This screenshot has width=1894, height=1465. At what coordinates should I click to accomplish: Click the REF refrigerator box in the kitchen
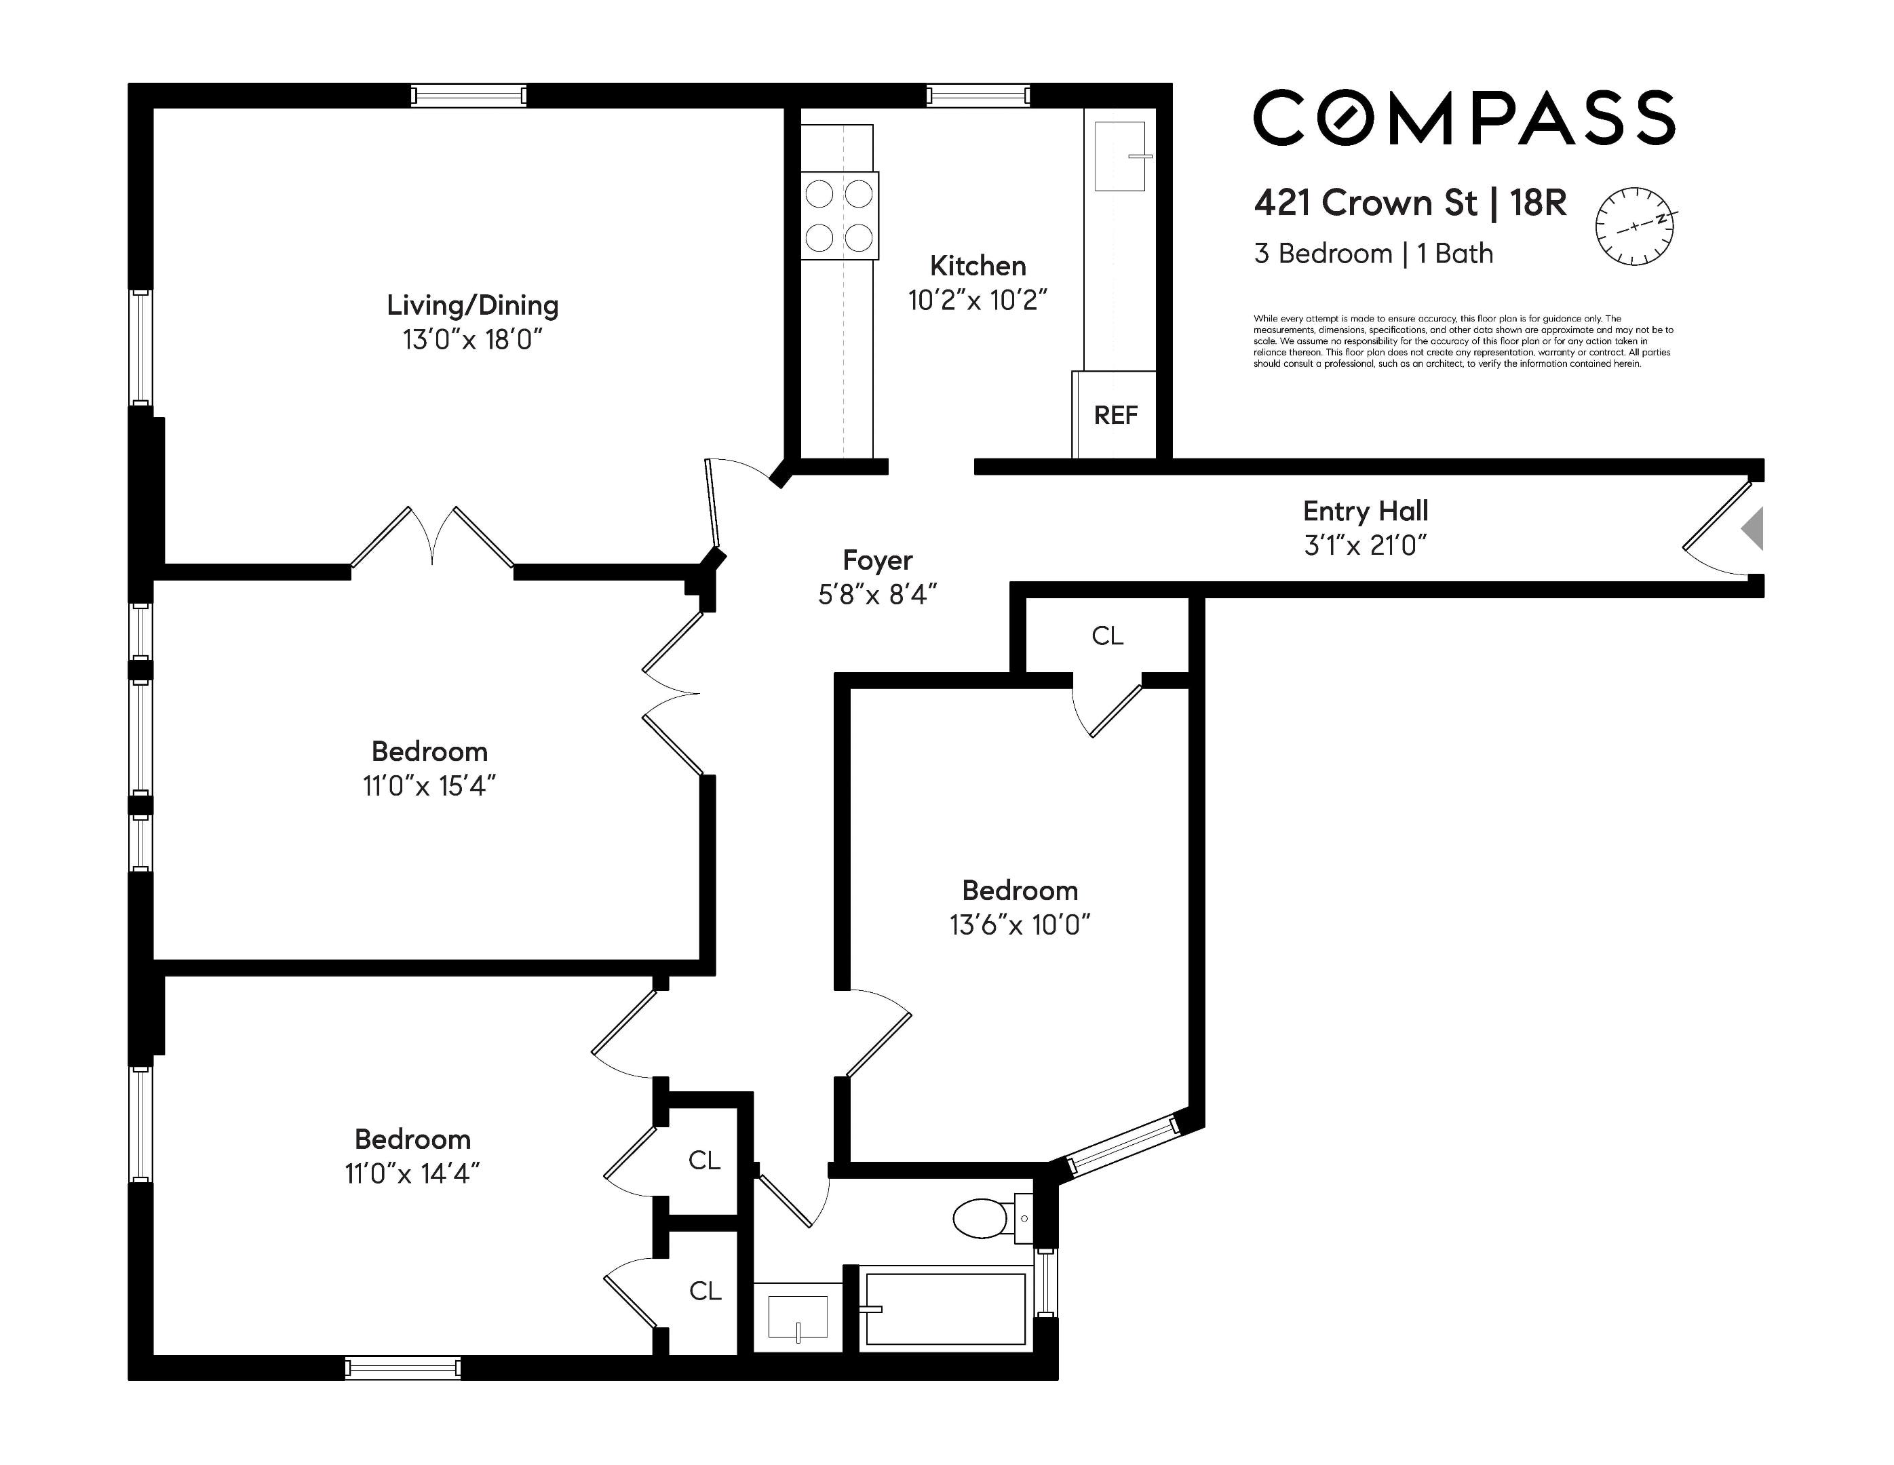coord(1115,415)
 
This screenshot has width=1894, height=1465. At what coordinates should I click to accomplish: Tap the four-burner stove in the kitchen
coord(838,216)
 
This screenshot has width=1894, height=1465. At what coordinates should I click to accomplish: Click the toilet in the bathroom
coord(984,1219)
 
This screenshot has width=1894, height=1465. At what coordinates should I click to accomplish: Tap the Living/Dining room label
coord(473,305)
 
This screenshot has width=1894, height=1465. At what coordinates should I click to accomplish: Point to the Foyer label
coord(878,561)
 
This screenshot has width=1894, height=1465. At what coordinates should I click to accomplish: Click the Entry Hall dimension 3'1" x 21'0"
coord(1365,545)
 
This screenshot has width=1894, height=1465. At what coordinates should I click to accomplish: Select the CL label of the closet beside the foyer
coord(1108,636)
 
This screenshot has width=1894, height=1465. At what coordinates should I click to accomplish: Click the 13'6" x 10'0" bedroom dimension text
coord(1020,925)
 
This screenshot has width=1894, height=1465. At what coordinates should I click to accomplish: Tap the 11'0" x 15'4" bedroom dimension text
coord(429,786)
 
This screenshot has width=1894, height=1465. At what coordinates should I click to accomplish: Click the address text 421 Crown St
coord(1365,203)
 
